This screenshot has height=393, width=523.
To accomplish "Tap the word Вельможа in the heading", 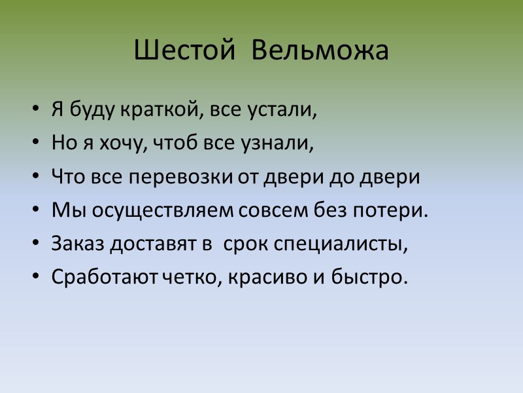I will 320,51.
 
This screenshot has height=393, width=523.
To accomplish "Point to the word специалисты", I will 345,244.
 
